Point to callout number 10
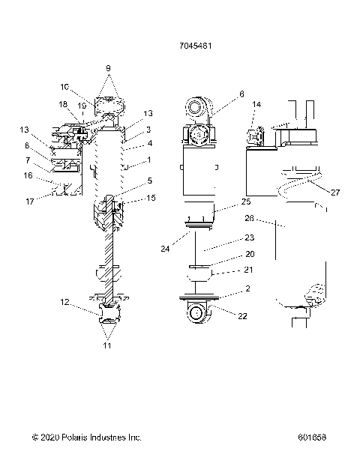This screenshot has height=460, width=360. [x=85, y=87]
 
